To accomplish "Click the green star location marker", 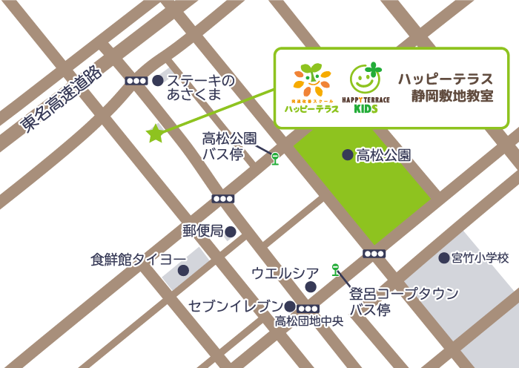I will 155,134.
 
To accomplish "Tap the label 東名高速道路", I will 60,99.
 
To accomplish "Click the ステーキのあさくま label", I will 199,87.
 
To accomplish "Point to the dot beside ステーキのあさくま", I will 157,80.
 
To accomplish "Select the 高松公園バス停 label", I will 229,146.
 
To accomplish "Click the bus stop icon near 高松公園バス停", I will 275,158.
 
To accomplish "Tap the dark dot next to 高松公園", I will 347,155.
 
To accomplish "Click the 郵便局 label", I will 203,231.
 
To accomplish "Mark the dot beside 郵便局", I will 231,232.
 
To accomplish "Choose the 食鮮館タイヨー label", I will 139,259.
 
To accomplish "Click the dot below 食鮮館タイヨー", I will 183,271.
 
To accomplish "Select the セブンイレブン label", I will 236,306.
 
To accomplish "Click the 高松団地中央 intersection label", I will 309,321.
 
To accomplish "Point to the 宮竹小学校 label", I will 480,258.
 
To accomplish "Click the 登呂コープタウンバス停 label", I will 403,301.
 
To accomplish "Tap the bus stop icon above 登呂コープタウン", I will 335,269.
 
